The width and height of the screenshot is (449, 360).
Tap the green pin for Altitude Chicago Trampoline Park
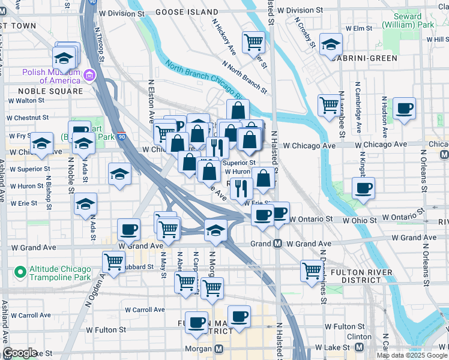pos(20,273)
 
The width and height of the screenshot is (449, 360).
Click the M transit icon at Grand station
pos(278,244)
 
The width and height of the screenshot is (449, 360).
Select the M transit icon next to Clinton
pos(360,347)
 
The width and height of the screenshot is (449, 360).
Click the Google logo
pos(20,353)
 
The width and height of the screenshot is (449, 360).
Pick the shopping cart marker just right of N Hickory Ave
pos(253,42)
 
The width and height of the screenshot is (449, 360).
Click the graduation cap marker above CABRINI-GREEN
pos(330,44)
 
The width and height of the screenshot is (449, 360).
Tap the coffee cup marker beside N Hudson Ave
pos(404,109)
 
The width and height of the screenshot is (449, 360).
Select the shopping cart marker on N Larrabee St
pos(329,105)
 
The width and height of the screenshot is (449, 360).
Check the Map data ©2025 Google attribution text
pos(412,355)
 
